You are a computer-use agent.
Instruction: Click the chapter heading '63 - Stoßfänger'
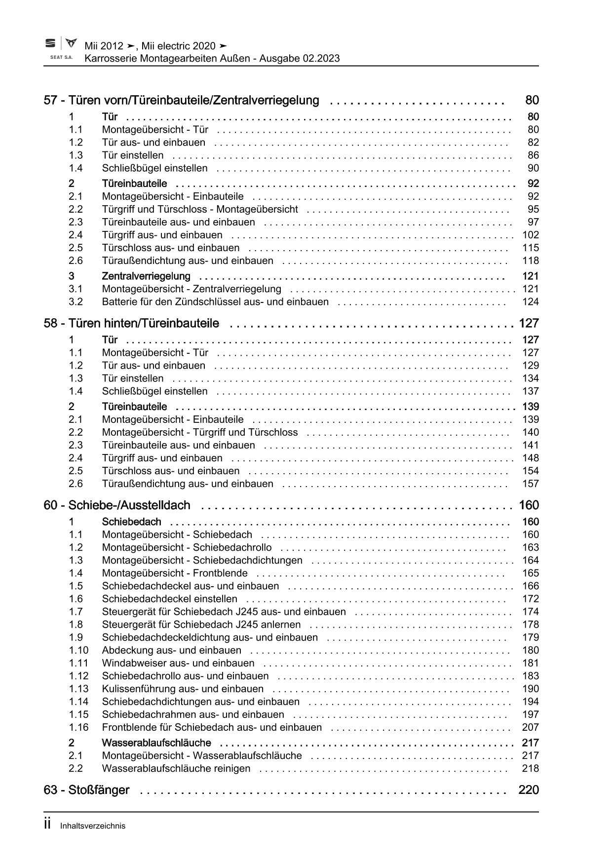coord(86,790)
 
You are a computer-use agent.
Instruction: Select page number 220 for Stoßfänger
coord(529,790)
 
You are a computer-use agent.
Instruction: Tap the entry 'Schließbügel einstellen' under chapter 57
coord(154,168)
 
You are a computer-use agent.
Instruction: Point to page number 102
coord(531,235)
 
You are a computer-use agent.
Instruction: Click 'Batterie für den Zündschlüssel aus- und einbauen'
coord(215,302)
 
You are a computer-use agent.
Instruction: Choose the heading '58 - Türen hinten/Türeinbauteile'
coord(131,324)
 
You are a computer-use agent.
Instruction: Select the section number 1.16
coord(78,727)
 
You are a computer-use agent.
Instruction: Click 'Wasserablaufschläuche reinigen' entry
coord(176,769)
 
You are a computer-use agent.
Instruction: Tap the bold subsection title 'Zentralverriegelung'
coord(146,276)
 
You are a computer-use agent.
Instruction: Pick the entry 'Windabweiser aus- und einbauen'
coord(178,663)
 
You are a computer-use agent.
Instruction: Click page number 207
coord(531,727)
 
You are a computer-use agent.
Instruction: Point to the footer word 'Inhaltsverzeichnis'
coord(93,826)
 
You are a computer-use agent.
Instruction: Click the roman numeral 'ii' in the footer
coord(48,825)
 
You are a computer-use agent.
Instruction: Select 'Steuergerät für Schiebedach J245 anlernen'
coord(201,625)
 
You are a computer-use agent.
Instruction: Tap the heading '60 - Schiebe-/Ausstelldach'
coord(117,505)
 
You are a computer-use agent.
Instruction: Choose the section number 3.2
coord(76,302)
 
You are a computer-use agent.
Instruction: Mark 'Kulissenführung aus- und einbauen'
coord(183,689)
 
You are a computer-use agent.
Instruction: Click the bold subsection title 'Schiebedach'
coord(131,522)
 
